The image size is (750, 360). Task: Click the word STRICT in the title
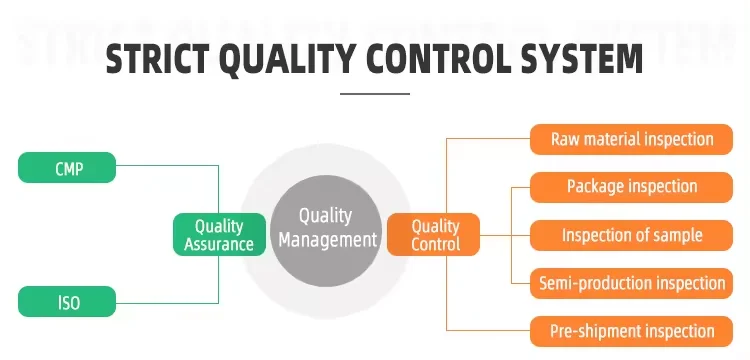pos(157,59)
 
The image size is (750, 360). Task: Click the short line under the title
pos(375,94)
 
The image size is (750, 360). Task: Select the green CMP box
pos(67,167)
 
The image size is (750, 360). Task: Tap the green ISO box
pos(67,301)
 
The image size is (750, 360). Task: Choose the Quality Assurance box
pos(219,234)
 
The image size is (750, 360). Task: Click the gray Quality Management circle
pos(326,231)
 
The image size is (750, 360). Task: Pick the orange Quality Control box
pos(433,234)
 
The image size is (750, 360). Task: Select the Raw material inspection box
pos(631,139)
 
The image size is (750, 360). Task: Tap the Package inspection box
pos(631,187)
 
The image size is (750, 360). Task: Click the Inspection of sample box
pos(631,235)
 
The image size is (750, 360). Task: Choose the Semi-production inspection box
pos(631,283)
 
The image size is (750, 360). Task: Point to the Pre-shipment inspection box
pos(631,331)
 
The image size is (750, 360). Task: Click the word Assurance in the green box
pos(219,244)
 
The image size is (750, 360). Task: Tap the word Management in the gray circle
pos(328,240)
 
